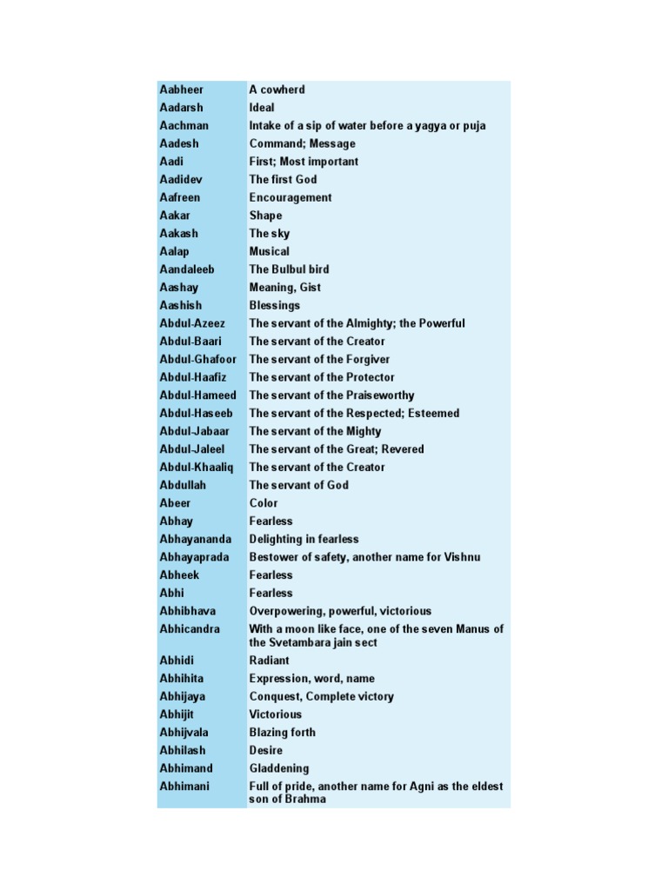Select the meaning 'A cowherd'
pos(277,90)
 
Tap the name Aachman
pos(184,125)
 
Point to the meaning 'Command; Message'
pos(302,143)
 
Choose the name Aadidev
pos(183,179)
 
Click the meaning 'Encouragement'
pos(291,197)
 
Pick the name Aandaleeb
pos(186,269)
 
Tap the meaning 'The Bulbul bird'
pos(289,269)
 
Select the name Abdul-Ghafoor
pos(197,359)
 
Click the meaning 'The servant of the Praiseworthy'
pos(331,395)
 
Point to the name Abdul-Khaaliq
pos(196,467)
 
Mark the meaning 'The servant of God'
pos(298,485)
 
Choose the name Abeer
pos(175,503)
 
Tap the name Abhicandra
pos(190,628)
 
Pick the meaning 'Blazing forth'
pos(283,733)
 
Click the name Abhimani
pos(185,787)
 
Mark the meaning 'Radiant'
pos(269,661)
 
